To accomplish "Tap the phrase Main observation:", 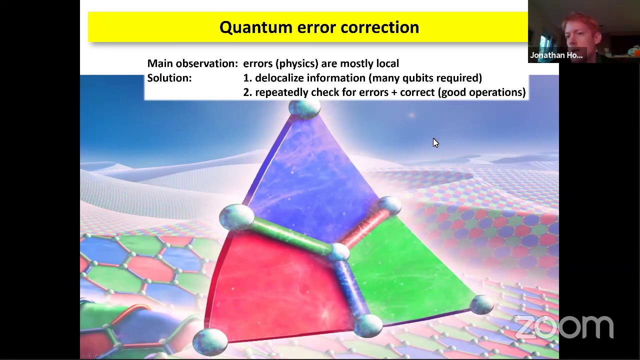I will click(x=192, y=63).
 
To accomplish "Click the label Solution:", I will click(x=169, y=78).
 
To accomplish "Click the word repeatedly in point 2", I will click(x=281, y=92).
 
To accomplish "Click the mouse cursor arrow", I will click(x=435, y=143).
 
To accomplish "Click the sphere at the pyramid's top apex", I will click(x=304, y=108).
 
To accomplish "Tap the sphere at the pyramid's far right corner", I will click(x=481, y=304).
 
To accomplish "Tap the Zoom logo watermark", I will click(x=563, y=327).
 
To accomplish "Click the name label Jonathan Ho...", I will click(x=556, y=55).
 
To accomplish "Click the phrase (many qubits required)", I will click(x=425, y=78).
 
